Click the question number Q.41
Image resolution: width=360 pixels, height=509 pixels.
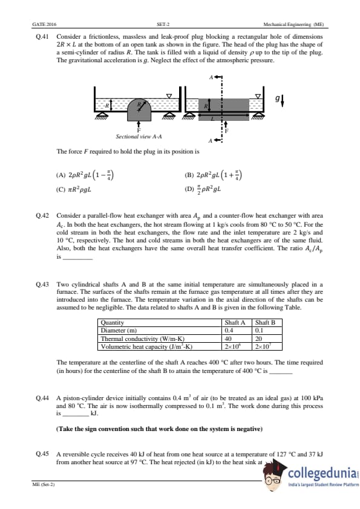tap(42, 37)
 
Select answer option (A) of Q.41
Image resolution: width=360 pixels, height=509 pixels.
tap(85, 175)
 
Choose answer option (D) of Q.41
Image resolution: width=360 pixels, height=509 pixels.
tap(203, 189)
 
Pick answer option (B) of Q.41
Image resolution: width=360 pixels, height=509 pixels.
tap(213, 175)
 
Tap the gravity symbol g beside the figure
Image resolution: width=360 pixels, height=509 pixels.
tap(277, 98)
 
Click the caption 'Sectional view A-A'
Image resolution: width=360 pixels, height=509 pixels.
tap(139, 137)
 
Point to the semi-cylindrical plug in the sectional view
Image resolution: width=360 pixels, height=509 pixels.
tap(139, 109)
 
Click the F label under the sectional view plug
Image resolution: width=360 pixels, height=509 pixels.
tap(139, 130)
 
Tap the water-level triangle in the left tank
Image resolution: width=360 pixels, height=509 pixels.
tap(169, 96)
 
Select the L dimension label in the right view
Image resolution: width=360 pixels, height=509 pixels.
tap(213, 119)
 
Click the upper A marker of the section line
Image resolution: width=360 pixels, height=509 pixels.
tap(211, 77)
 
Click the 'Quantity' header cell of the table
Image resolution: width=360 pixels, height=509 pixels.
tap(113, 322)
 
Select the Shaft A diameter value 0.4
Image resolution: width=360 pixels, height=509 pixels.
tap(229, 331)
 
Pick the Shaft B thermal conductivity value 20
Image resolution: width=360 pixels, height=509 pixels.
tap(258, 339)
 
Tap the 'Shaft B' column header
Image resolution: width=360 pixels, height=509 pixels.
tap(265, 322)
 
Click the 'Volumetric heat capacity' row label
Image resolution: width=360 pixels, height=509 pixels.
tap(146, 346)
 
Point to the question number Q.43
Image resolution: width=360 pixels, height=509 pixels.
tap(42, 284)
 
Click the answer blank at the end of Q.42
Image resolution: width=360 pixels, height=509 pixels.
tap(77, 258)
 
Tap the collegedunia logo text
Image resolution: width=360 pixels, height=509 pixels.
tap(322, 473)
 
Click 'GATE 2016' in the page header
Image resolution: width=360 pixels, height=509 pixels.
tap(44, 24)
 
